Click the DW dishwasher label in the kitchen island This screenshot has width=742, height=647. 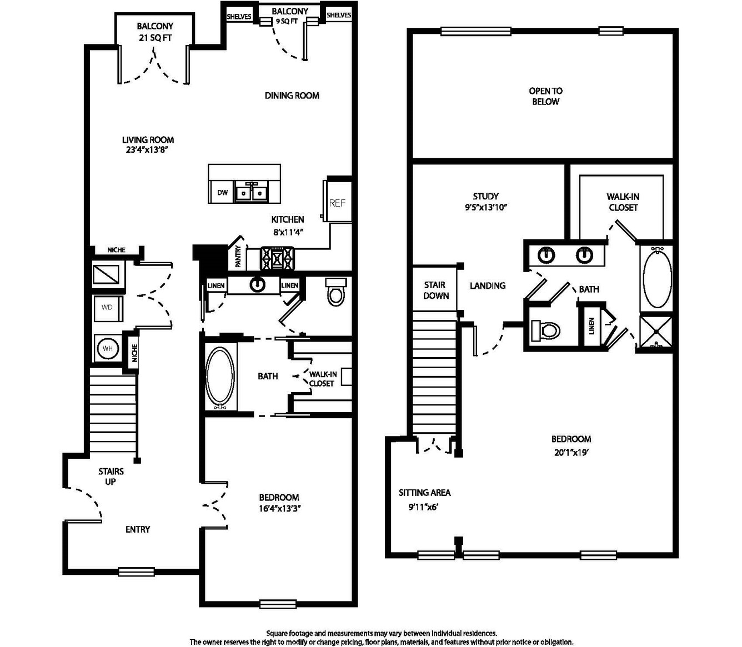222,193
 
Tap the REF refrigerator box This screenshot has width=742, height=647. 337,201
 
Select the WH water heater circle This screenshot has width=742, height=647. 107,349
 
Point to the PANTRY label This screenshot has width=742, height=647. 238,257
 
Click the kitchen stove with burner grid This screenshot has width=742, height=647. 278,259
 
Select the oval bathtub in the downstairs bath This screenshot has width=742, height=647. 220,376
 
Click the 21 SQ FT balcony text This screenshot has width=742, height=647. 155,38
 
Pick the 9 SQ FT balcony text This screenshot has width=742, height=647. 287,22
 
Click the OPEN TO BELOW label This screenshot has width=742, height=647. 545,96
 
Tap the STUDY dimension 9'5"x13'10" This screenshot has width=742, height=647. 485,208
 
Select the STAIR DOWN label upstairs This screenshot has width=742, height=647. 435,290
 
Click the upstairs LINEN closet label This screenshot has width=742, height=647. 591,325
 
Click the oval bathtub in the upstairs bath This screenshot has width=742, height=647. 657,278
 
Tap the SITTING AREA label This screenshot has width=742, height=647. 424,493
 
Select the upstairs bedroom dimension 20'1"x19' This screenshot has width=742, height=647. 571,453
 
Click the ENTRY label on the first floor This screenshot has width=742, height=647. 137,529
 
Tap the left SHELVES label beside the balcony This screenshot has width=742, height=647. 239,17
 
